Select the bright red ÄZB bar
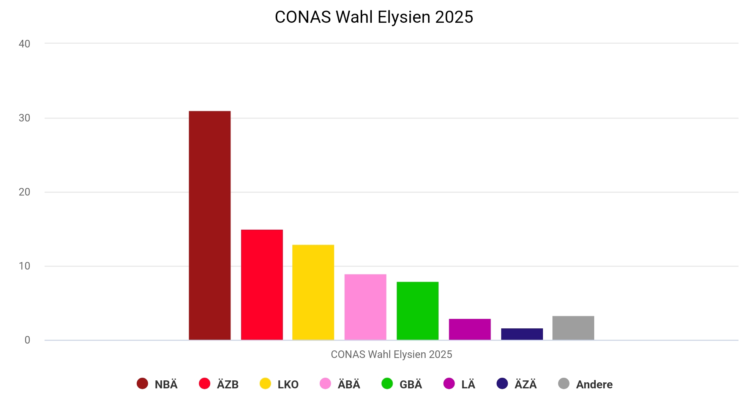pos(262,285)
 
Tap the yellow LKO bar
pos(313,292)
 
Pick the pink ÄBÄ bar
pos(365,307)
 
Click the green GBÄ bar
pos(417,311)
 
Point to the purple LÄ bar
pos(470,329)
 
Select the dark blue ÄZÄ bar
pos(522,334)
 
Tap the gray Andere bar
pos(573,328)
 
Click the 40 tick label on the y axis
pos(24,44)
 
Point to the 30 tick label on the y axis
pos(24,118)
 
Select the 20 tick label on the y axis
pos(24,192)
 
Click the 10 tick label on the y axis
pos(24,266)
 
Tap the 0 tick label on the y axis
pos(27,340)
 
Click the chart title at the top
pos(374,17)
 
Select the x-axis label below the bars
pos(391,354)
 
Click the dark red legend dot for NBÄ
pos(142,383)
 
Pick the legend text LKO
pos(288,385)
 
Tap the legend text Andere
pos(594,385)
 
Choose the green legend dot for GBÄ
pos(387,383)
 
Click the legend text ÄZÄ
pos(525,385)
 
